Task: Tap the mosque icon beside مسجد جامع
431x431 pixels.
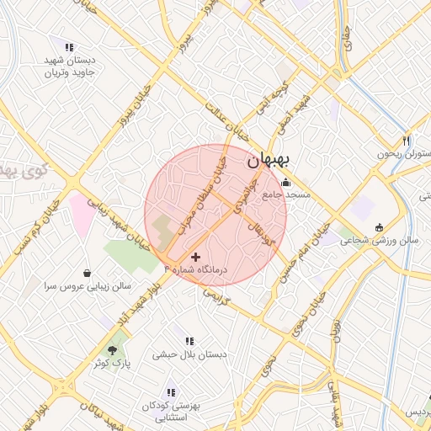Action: (x=285, y=183)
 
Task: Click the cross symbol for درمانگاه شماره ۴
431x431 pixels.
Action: (x=196, y=256)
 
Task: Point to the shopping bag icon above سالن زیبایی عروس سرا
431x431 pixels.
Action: (x=88, y=273)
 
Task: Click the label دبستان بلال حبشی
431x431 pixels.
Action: (x=189, y=354)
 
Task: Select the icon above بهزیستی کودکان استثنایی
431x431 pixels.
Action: (x=171, y=392)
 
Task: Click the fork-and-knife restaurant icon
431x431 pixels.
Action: (x=407, y=141)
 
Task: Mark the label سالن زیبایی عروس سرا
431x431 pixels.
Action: (x=88, y=286)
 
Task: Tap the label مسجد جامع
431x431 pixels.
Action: (x=287, y=194)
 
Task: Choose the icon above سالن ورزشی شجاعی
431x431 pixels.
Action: (x=379, y=226)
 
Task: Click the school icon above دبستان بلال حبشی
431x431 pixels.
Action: (x=190, y=341)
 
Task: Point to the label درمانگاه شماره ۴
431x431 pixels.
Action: (x=198, y=269)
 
